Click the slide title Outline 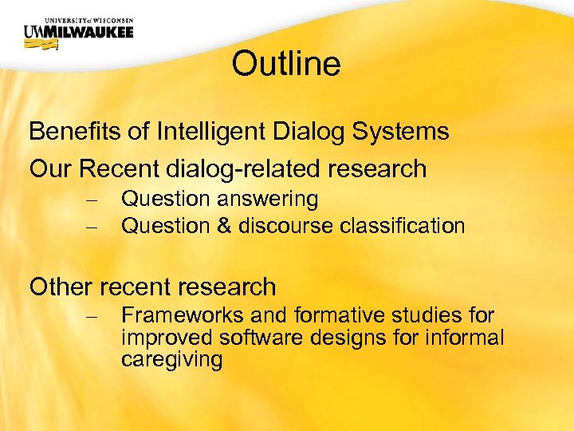[x=286, y=64]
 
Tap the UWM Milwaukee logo [x=78, y=33]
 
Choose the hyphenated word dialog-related [x=243, y=168]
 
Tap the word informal [x=463, y=338]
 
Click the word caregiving [x=171, y=359]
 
